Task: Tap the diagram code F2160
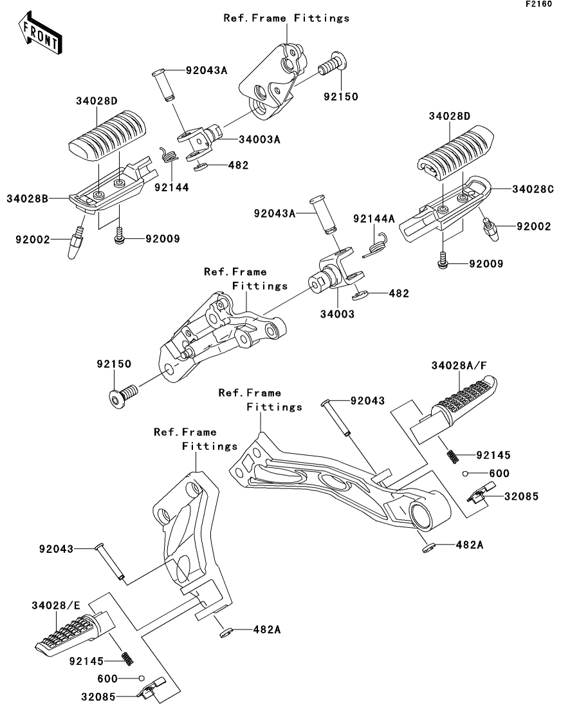click(x=538, y=4)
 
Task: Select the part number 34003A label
click(x=259, y=140)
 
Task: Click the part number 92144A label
click(x=374, y=219)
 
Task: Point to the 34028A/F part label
click(x=459, y=366)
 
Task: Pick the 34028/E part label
click(x=56, y=606)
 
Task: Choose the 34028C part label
click(x=533, y=189)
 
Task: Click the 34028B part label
click(x=27, y=198)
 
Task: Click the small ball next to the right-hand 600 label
click(x=465, y=474)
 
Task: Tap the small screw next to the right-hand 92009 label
click(x=443, y=262)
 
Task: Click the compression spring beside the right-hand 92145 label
click(x=453, y=455)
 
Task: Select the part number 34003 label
click(x=337, y=313)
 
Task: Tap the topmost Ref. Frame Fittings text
click(x=286, y=18)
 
